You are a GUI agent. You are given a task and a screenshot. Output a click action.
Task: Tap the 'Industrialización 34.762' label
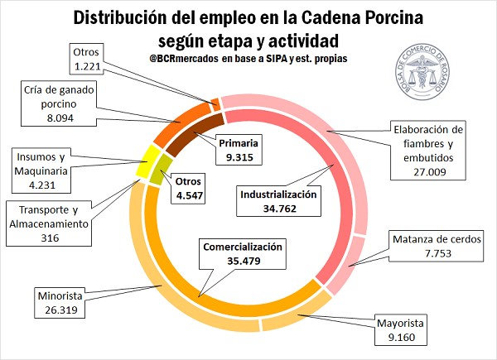click(278, 201)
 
